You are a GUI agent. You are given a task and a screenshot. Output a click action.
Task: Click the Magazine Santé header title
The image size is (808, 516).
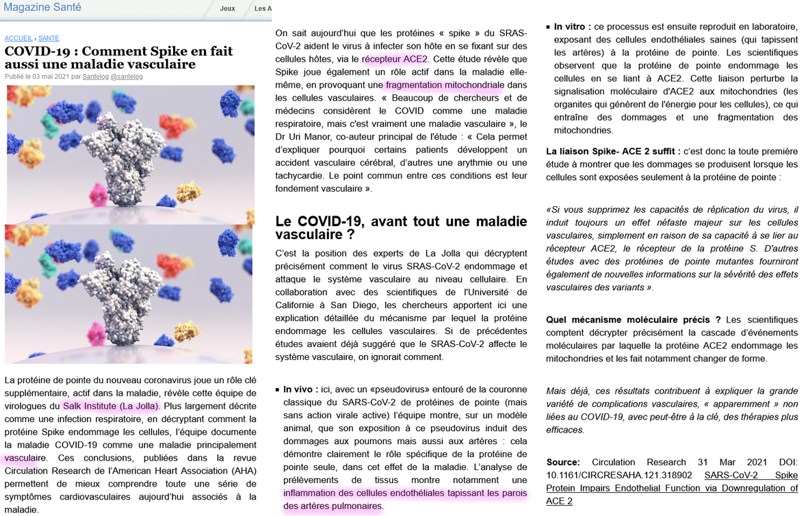click(42, 8)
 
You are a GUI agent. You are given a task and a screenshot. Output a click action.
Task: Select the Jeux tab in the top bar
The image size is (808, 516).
click(227, 9)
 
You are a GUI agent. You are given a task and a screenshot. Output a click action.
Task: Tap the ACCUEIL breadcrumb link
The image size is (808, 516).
click(18, 38)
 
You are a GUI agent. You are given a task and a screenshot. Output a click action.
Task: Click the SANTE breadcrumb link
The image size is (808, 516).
click(49, 38)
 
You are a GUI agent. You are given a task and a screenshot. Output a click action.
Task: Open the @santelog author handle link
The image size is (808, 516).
click(127, 77)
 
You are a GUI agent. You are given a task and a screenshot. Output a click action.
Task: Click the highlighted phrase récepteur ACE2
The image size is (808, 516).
click(395, 59)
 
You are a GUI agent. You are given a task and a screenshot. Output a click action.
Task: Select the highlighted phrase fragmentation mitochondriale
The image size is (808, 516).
click(443, 85)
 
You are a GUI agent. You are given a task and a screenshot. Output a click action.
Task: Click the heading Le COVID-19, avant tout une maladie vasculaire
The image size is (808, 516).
click(401, 228)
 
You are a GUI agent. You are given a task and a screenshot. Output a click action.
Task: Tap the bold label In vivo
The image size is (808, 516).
click(299, 389)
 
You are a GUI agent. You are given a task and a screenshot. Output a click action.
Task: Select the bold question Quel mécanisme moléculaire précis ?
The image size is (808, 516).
click(633, 320)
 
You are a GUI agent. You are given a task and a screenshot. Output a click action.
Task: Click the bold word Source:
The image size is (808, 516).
click(563, 463)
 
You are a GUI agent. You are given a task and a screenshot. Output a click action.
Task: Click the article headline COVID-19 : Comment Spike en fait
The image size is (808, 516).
click(118, 51)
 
